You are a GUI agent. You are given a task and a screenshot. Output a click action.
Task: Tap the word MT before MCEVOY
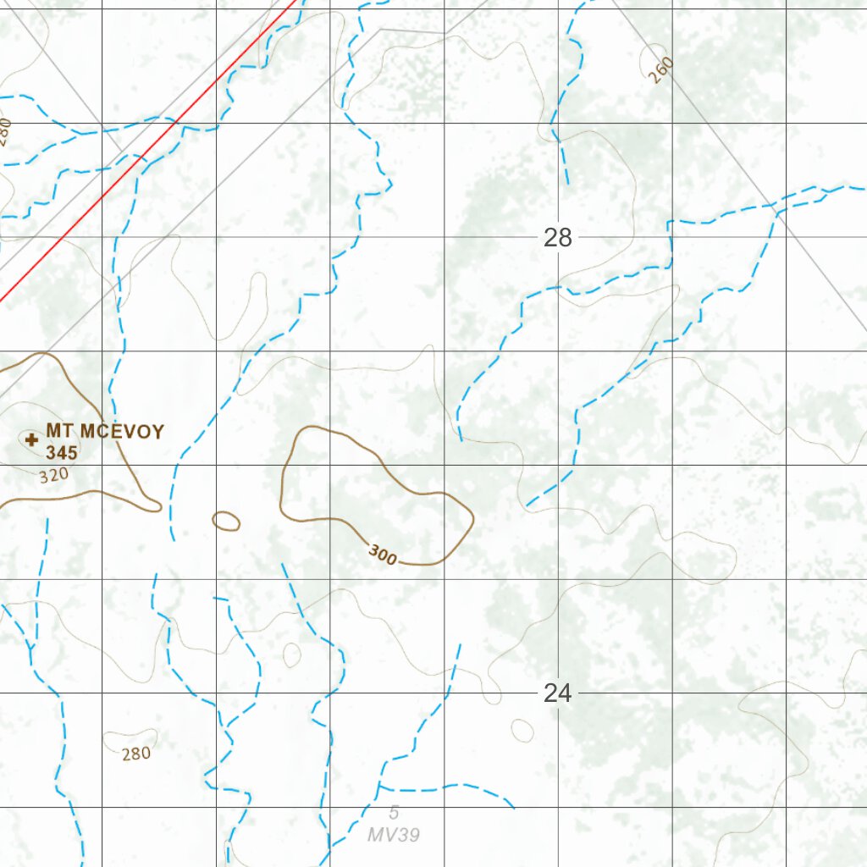point(59,432)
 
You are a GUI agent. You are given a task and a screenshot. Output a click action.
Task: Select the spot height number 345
point(62,453)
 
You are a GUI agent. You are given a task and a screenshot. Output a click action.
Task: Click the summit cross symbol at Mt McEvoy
point(31,439)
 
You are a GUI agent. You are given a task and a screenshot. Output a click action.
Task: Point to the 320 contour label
point(53,475)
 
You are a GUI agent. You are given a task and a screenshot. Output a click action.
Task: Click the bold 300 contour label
point(383,555)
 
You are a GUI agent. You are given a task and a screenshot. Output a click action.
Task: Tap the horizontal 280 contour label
point(135,754)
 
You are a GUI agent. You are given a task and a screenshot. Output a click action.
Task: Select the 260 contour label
point(660,70)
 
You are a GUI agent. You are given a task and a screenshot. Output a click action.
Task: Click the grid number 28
point(558,238)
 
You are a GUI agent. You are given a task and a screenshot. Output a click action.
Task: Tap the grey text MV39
point(394,835)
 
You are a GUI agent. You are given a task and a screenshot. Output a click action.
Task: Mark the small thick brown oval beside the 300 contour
point(226,521)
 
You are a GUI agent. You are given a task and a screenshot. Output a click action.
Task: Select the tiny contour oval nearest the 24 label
point(522,729)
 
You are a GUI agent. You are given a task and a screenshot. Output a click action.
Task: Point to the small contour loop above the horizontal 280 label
point(291,654)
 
